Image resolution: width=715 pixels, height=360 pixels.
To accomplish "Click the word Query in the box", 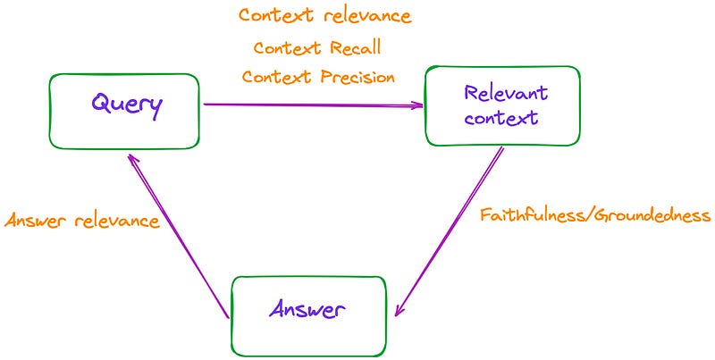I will click(x=127, y=105).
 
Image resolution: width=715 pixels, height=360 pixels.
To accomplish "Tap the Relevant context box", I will click(x=501, y=105).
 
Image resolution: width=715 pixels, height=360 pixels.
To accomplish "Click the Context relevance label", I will click(x=324, y=16).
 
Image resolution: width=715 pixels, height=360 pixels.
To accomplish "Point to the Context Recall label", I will click(x=316, y=47).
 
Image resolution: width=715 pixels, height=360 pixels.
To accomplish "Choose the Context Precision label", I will click(x=318, y=77).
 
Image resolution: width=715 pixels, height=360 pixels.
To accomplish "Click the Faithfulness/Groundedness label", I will click(x=594, y=215).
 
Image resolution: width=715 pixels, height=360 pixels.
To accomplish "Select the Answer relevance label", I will click(x=82, y=221).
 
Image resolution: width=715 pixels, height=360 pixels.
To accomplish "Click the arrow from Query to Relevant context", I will click(x=313, y=105).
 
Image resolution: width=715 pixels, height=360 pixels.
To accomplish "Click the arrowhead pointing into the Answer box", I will click(x=400, y=309).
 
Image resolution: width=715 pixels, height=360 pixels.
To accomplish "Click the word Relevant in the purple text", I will click(x=506, y=94).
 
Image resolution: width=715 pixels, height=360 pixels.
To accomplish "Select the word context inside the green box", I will click(x=506, y=118).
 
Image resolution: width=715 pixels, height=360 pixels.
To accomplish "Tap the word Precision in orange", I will click(x=357, y=77).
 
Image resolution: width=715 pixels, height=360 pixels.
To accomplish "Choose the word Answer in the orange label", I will click(x=36, y=221).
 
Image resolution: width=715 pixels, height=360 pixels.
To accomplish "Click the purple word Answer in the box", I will click(x=307, y=310).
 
